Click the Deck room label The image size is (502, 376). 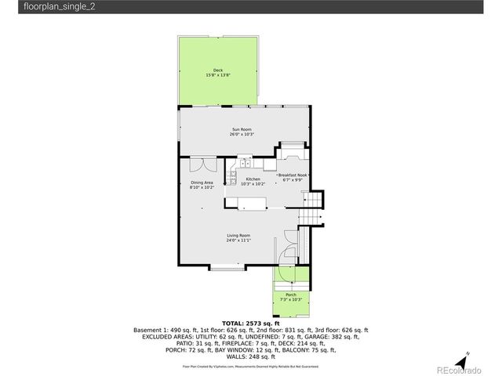coord(218,70)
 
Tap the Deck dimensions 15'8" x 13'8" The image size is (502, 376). coord(218,75)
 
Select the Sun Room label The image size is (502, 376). coord(241,129)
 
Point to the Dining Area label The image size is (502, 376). coord(202,183)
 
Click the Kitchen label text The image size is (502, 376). coord(253,179)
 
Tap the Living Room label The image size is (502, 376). coord(238,236)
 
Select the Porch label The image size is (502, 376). coord(290,295)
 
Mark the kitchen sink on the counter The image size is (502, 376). coord(245,162)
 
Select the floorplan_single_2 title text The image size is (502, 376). coord(45,6)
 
